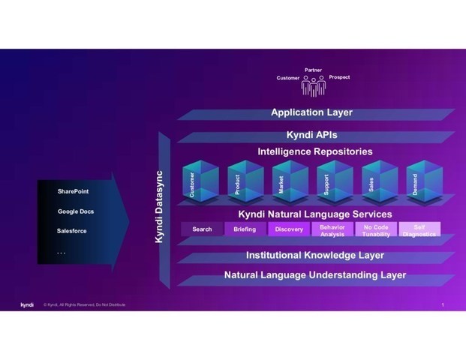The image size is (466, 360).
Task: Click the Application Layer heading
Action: point(311,113)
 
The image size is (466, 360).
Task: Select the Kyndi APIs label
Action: point(311,136)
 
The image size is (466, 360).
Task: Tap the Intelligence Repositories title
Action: point(315,151)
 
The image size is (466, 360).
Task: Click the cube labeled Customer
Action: point(200,182)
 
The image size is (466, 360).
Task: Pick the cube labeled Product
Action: point(245,182)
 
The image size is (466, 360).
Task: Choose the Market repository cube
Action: point(290,182)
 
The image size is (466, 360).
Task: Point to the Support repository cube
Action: point(334,182)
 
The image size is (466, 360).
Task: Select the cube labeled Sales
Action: point(379,182)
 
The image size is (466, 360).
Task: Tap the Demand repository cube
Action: point(422,182)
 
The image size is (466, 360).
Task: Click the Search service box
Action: point(202,229)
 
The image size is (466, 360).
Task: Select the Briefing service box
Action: point(245,229)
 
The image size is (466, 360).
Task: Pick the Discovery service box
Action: point(289,229)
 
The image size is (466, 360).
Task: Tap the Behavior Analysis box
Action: point(332,229)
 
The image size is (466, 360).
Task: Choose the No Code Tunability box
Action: point(376,229)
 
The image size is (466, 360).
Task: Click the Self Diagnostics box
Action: point(419,229)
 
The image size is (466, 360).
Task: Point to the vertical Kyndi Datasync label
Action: point(159,205)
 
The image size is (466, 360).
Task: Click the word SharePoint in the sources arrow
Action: point(73,192)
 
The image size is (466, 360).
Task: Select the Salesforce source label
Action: point(72,231)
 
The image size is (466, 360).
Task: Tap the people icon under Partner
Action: point(314,87)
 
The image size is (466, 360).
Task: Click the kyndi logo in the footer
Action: point(27,304)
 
